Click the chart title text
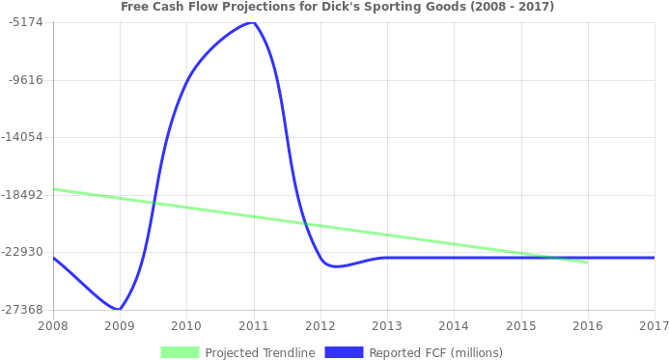pos(337,7)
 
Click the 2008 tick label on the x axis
pos(53,325)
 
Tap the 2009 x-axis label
pos(120,325)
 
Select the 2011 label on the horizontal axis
pos(253,325)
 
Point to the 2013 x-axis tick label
pos(387,325)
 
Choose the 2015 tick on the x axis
pos(520,325)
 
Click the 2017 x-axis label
pos(654,325)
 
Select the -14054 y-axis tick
pos(24,137)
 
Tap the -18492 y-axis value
pos(24,194)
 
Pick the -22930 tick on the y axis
pos(24,252)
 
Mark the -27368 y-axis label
pos(24,309)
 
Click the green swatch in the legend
pos(180,352)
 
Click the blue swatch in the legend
pos(344,352)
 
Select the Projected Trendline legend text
pos(260,352)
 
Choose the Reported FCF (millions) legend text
pos(435,352)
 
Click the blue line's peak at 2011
pos(253,22)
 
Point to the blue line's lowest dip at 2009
pos(119,310)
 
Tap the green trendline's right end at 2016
pos(587,262)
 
